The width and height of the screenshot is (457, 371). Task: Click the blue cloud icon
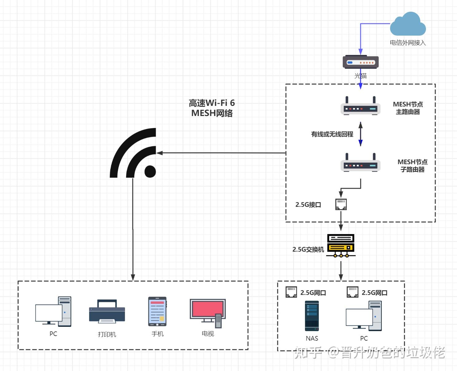point(408,25)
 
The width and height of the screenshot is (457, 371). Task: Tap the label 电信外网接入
point(408,43)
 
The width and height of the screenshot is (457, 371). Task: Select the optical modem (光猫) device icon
point(361,62)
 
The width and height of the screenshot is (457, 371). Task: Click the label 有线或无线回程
point(332,134)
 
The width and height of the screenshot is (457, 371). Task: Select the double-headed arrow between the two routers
point(361,134)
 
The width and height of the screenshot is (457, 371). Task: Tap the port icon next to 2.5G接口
point(341,204)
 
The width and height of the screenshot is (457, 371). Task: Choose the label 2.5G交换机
point(308,249)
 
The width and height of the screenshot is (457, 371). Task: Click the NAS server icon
point(312,316)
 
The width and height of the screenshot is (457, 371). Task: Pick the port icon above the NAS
point(291,292)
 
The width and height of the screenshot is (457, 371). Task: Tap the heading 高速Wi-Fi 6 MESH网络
point(212,108)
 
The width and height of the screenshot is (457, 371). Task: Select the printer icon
point(107,311)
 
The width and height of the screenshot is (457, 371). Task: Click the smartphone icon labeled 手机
point(157,311)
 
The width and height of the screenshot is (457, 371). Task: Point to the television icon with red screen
point(208,311)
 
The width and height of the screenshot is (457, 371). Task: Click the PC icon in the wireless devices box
point(53,311)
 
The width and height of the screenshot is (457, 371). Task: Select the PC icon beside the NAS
point(364,316)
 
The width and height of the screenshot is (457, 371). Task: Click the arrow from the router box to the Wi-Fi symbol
point(221,153)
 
